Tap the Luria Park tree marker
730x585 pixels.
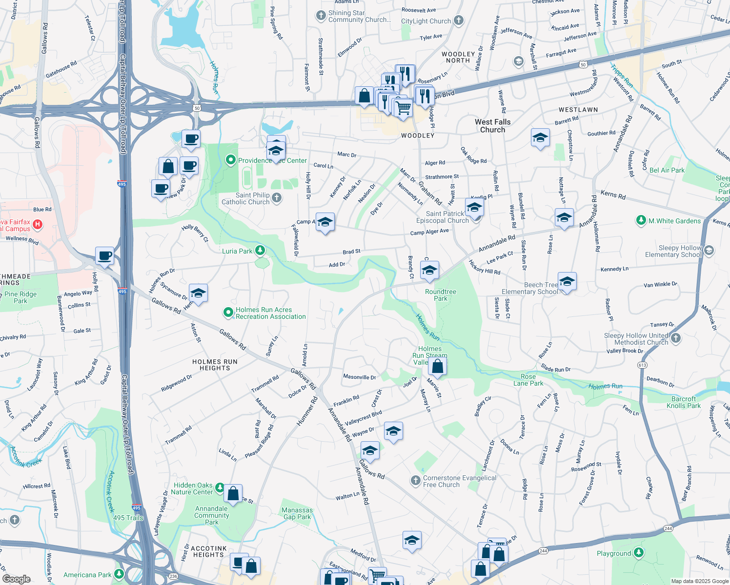tap(260, 251)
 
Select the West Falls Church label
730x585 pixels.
tap(492, 126)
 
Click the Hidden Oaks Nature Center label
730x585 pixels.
tap(193, 488)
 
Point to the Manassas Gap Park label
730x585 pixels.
tap(297, 513)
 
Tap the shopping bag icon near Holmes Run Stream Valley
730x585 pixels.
tap(438, 367)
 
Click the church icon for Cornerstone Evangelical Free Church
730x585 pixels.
tap(415, 481)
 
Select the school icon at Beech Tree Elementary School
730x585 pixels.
tap(567, 282)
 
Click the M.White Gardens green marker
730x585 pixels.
tap(641, 221)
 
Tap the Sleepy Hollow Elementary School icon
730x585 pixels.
tap(709, 251)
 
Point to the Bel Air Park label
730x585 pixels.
tap(667, 170)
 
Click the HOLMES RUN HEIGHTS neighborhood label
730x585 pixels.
tap(215, 365)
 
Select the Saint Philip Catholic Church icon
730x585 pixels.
tap(277, 198)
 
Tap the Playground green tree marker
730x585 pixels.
tap(638, 553)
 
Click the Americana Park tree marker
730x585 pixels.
tap(119, 574)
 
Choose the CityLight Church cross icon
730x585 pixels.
tap(458, 20)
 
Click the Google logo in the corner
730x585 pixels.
tap(16, 579)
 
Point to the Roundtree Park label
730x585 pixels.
tap(440, 295)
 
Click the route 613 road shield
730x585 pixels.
tap(642, 365)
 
